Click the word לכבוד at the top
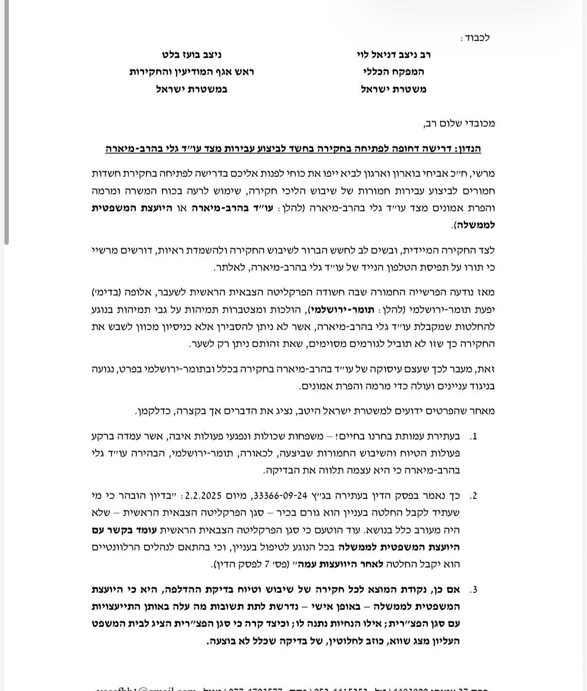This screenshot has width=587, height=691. click(x=477, y=37)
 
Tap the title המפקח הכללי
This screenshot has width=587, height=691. click(x=393, y=72)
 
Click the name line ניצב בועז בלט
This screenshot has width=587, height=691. click(x=192, y=55)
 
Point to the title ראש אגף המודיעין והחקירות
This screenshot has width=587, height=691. click(x=192, y=72)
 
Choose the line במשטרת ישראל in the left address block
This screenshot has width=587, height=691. click(x=192, y=90)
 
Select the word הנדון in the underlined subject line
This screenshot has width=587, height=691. click(x=466, y=149)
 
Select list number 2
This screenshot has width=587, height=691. click(x=474, y=496)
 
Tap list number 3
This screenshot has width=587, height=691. click(x=474, y=590)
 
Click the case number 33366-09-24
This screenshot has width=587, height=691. click(x=278, y=496)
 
